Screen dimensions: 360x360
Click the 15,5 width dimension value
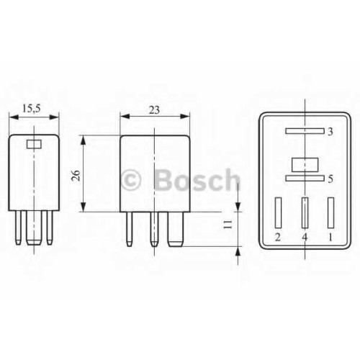[32, 109]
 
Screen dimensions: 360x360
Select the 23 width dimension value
[154, 110]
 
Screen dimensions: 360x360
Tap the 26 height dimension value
[76, 176]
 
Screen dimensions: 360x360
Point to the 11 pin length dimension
[228, 225]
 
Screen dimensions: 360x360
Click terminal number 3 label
[330, 132]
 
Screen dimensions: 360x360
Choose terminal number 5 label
[330, 179]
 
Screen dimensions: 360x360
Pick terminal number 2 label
[278, 238]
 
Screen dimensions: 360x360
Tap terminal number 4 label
[305, 238]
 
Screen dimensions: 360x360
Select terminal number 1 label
[330, 238]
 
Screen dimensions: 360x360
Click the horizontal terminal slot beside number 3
[305, 131]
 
